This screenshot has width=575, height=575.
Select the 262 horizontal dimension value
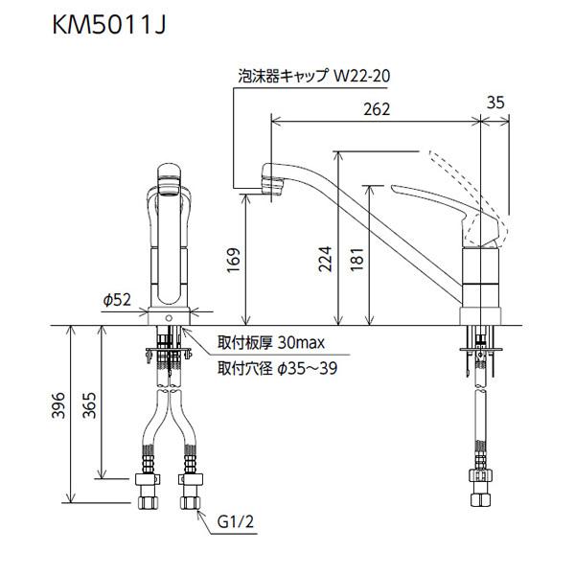(378, 109)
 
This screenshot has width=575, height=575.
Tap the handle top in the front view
(171, 173)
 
